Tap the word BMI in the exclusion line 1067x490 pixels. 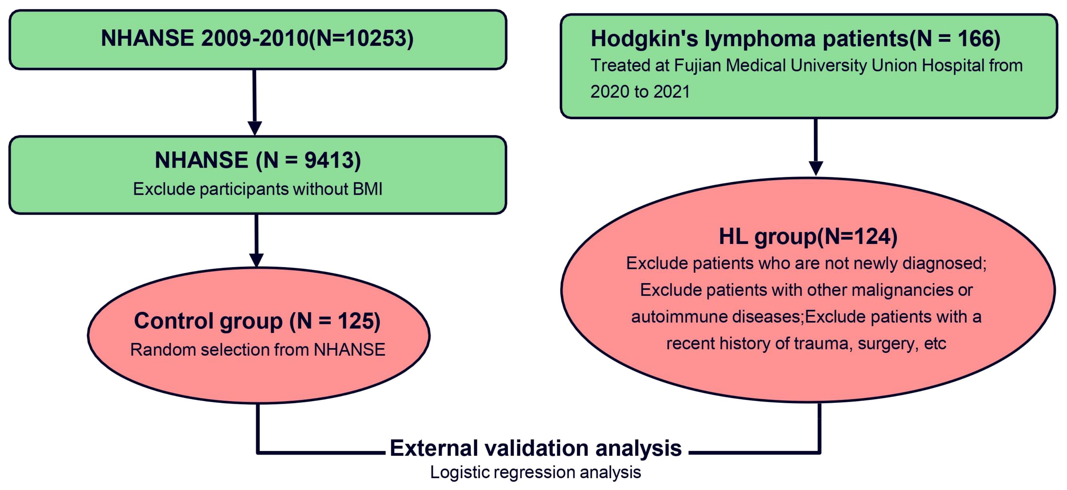pyautogui.click(x=367, y=189)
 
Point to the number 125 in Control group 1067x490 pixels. pyautogui.click(x=354, y=321)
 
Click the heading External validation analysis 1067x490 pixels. pyautogui.click(x=536, y=448)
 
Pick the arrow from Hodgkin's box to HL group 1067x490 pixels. pyautogui.click(x=815, y=147)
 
